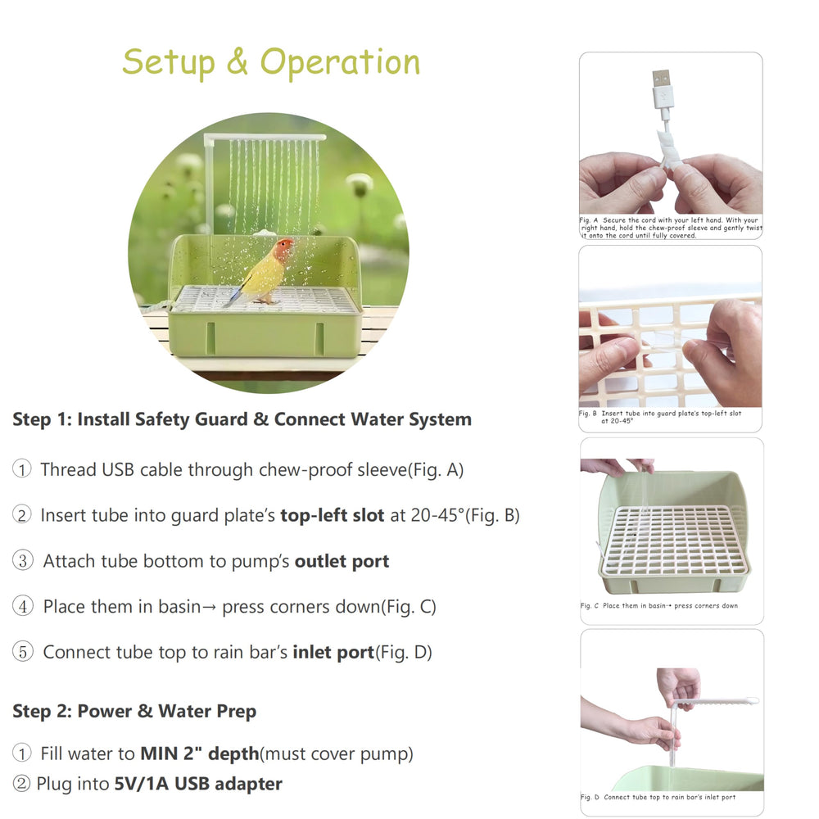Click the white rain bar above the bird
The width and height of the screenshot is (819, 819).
tap(264, 138)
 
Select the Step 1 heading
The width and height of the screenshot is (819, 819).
tap(242, 419)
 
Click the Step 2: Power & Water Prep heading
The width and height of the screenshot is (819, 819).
tap(134, 711)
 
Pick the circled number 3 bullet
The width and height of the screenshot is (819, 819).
tap(22, 561)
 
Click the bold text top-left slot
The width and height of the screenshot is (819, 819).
tap(332, 515)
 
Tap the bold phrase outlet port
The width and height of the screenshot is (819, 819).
tap(342, 561)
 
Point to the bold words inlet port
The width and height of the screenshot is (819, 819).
tap(333, 652)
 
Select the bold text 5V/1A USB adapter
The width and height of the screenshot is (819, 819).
tap(197, 784)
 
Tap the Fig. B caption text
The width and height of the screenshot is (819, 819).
tap(659, 417)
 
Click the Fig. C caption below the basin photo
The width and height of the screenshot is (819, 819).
tap(659, 606)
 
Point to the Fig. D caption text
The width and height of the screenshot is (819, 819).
tap(658, 797)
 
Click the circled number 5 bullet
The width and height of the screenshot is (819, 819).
tap(22, 652)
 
